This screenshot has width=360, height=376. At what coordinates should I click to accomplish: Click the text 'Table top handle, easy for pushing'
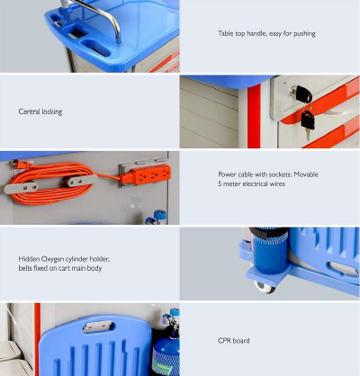[x=266, y=33]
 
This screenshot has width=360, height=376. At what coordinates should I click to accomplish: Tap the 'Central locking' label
[x=40, y=112]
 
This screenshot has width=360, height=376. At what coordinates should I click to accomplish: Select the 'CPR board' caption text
[x=234, y=341]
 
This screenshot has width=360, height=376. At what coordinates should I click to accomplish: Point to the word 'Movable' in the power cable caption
[x=306, y=175]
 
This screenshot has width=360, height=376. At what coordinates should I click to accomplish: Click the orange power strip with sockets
[x=146, y=175]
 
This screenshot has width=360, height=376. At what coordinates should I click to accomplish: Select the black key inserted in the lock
[x=303, y=94]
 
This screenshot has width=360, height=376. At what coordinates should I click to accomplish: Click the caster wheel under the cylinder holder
[x=265, y=287]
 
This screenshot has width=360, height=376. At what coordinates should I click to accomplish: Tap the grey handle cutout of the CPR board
[x=97, y=326]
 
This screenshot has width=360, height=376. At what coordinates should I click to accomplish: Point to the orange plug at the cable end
[x=19, y=165]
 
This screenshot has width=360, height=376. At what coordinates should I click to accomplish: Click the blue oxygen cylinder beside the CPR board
[x=166, y=348]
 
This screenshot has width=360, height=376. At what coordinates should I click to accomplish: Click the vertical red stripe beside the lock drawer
[x=254, y=116]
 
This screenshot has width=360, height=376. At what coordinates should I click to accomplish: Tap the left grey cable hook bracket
[x=21, y=187]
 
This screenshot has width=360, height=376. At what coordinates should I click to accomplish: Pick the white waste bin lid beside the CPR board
[x=11, y=350]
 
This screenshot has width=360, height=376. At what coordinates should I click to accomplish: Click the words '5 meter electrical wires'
[x=251, y=184]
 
